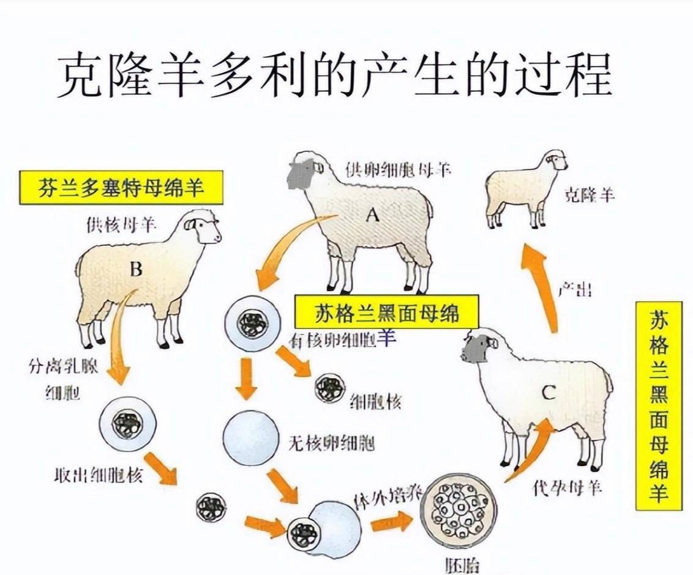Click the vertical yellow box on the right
[x=657, y=405]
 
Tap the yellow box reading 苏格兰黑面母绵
[x=386, y=313]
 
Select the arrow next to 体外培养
[x=391, y=522]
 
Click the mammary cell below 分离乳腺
[x=129, y=423]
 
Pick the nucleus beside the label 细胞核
[x=329, y=387]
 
